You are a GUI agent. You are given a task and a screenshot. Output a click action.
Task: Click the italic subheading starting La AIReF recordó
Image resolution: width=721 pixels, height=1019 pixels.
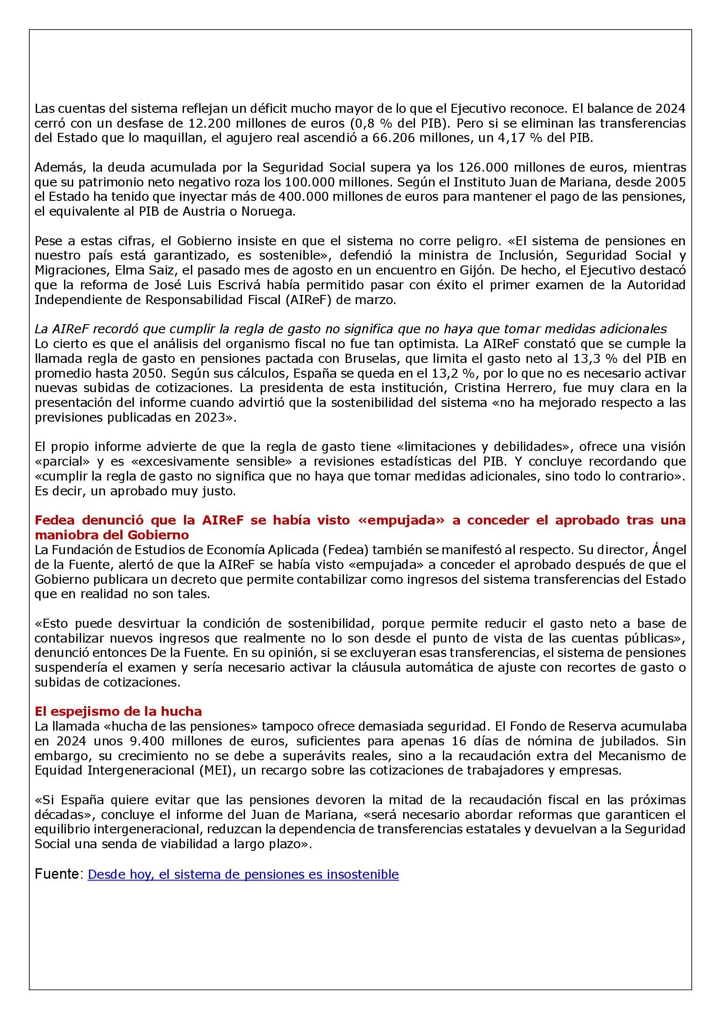(351, 329)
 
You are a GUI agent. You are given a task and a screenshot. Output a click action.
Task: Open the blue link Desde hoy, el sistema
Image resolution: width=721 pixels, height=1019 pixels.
(243, 874)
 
